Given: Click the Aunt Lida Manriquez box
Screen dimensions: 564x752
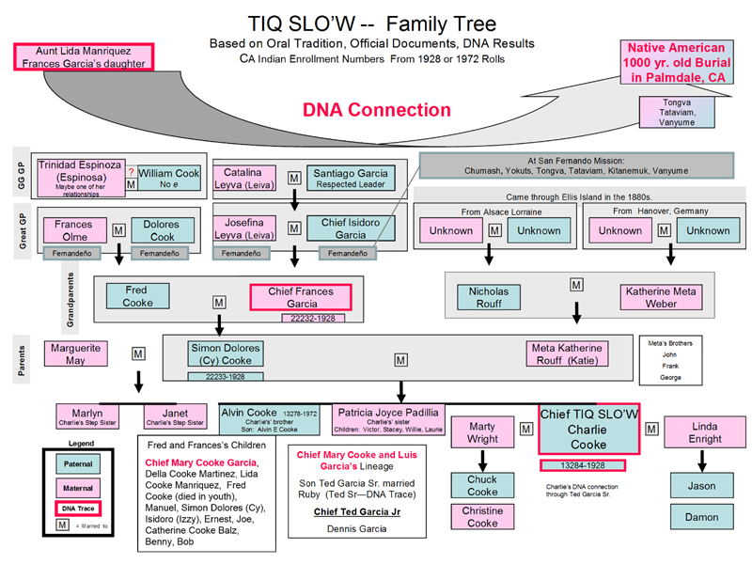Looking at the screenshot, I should (x=84, y=57).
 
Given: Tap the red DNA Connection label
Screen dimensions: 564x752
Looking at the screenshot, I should (x=375, y=110).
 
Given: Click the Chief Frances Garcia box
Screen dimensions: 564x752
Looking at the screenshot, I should (x=300, y=297).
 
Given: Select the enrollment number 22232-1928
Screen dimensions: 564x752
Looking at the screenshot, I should (x=308, y=319).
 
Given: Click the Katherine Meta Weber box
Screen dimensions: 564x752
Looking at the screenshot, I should (x=661, y=297).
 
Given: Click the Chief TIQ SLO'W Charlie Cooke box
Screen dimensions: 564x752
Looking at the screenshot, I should (x=588, y=430).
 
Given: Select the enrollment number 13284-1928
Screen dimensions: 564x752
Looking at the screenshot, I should (x=583, y=464).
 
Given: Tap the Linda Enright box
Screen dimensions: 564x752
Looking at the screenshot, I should (x=705, y=432).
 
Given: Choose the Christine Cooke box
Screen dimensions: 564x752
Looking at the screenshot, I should (x=482, y=517).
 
